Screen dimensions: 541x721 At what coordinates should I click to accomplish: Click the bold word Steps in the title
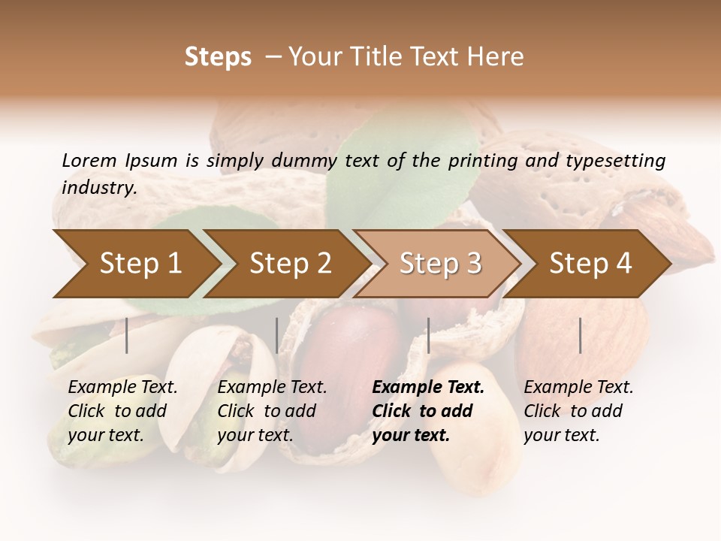click(x=218, y=57)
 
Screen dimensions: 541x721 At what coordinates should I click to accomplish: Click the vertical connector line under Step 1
click(x=127, y=335)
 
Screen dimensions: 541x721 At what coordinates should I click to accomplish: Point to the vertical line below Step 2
click(x=277, y=335)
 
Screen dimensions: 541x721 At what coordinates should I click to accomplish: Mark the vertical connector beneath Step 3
click(x=429, y=335)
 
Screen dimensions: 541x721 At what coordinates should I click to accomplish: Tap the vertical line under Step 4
click(x=581, y=335)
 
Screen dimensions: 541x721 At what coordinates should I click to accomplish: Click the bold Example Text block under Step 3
click(x=428, y=411)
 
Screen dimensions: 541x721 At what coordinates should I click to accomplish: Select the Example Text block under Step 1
click(x=122, y=411)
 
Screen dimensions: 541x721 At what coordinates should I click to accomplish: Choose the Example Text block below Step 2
click(x=272, y=411)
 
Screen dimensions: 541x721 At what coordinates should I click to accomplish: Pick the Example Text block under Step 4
click(x=578, y=411)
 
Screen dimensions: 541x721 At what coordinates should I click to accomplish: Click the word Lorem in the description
click(x=89, y=161)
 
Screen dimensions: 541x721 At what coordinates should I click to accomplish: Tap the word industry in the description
click(x=99, y=188)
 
